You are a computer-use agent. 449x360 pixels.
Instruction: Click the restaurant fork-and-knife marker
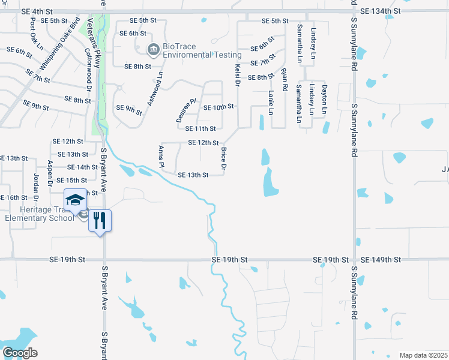pyautogui.click(x=100, y=220)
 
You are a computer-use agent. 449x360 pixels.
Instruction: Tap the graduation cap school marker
pyautogui.click(x=75, y=200)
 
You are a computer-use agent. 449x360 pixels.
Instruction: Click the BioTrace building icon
pyautogui.click(x=153, y=49)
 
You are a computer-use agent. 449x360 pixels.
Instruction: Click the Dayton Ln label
pyautogui.click(x=324, y=99)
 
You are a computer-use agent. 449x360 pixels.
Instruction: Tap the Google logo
pyautogui.click(x=20, y=353)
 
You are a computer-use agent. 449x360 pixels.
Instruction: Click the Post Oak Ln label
pyautogui.click(x=37, y=33)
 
